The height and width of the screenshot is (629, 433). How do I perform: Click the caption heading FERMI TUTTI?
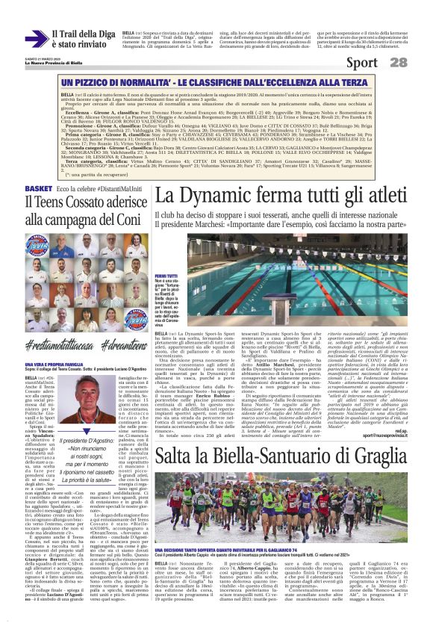(166, 276)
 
